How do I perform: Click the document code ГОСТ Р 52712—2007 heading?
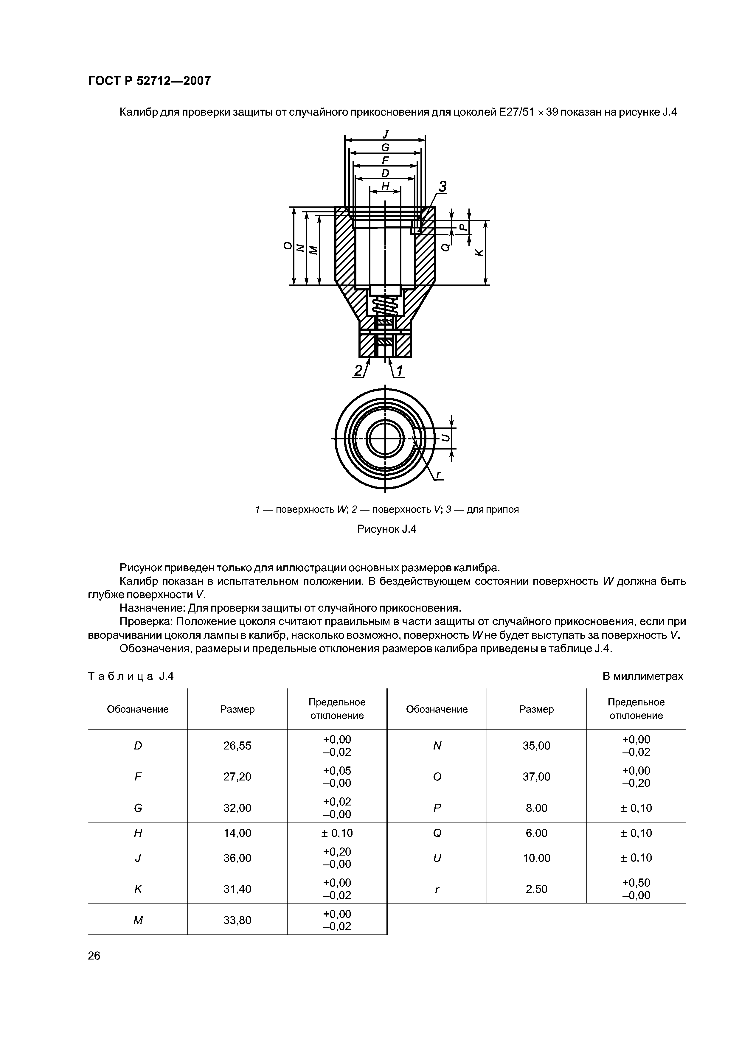[149, 81]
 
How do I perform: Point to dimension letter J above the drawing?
[385, 134]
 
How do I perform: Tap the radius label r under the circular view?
[438, 475]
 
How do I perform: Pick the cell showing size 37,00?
[536, 777]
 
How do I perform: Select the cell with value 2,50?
[536, 889]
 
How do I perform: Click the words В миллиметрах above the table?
[642, 676]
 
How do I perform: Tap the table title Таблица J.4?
[131, 676]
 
